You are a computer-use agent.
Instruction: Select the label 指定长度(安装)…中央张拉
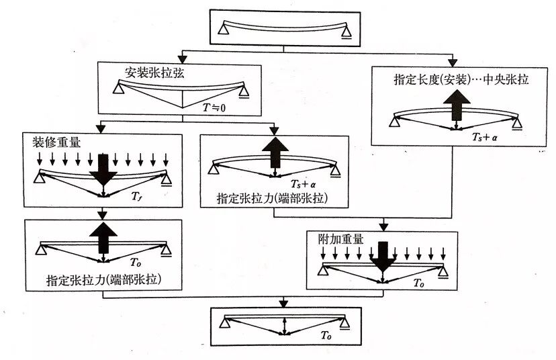click(x=461, y=79)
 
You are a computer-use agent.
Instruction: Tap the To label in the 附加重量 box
click(x=419, y=285)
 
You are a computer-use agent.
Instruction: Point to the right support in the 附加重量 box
click(x=443, y=271)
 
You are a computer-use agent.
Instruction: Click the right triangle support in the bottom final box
click(x=345, y=324)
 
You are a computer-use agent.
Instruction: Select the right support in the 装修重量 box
click(x=167, y=178)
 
